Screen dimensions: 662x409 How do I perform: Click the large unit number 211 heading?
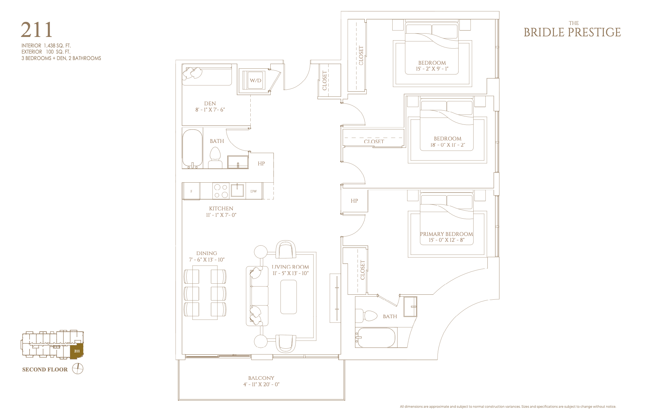(37, 30)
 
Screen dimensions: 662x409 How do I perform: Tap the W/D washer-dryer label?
(256, 81)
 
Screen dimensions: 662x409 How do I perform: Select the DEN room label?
(210, 103)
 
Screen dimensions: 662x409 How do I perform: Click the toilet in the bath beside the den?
(215, 157)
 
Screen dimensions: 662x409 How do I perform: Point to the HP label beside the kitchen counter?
(261, 164)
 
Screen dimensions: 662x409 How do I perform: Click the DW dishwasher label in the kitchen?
(253, 191)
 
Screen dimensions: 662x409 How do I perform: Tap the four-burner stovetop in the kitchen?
(221, 191)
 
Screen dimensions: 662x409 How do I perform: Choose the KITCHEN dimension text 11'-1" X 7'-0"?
(221, 215)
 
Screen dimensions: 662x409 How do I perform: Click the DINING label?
(207, 253)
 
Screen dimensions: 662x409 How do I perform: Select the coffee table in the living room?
(289, 297)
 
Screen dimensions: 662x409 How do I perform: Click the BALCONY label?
(261, 378)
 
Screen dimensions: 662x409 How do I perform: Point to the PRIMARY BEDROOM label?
(446, 234)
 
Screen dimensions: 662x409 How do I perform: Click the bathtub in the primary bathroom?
(375, 338)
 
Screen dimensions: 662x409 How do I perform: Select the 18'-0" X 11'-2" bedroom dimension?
(448, 145)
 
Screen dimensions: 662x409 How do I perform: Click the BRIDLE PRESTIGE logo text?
(572, 32)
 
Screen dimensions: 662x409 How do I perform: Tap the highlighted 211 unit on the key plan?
(77, 351)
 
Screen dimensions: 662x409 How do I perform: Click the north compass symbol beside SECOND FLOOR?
(78, 369)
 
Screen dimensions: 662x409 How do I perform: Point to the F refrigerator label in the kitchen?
(191, 191)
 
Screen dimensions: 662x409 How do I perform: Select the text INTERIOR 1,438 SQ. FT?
(46, 46)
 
